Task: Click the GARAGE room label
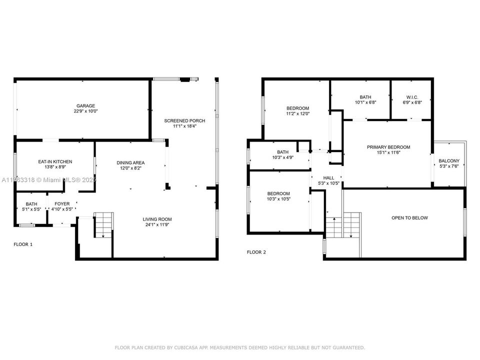point(85,106)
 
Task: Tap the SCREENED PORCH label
point(185,120)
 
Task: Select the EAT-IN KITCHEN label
point(55,161)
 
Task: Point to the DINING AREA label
point(130,162)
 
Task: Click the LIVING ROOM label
point(157,219)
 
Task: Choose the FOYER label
point(62,204)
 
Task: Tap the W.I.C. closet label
point(412,97)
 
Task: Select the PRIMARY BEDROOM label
point(388,147)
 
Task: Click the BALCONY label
point(448,161)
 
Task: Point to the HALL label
point(328,178)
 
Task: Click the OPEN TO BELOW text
point(409,218)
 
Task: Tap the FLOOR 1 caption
point(22,244)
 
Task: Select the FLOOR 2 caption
point(256,252)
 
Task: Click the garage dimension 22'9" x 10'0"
point(85,111)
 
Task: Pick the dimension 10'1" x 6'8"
point(365,102)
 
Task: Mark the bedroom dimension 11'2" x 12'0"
point(297,113)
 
